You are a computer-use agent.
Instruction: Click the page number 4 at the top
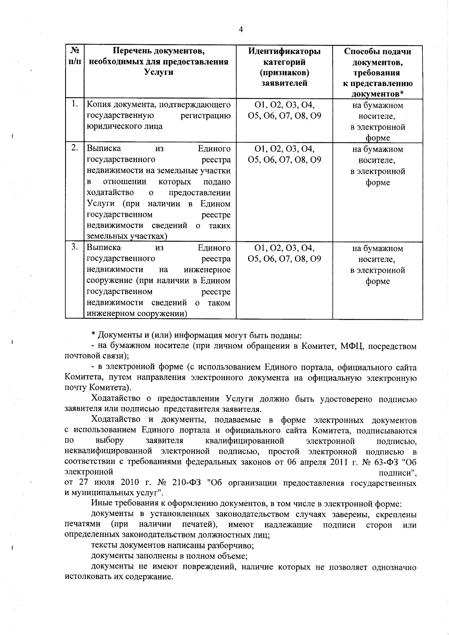241,30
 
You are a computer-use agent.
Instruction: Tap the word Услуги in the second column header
159,73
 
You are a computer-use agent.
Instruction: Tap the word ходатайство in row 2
110,193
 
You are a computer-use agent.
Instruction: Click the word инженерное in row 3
207,270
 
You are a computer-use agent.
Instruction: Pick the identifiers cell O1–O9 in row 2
284,154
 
